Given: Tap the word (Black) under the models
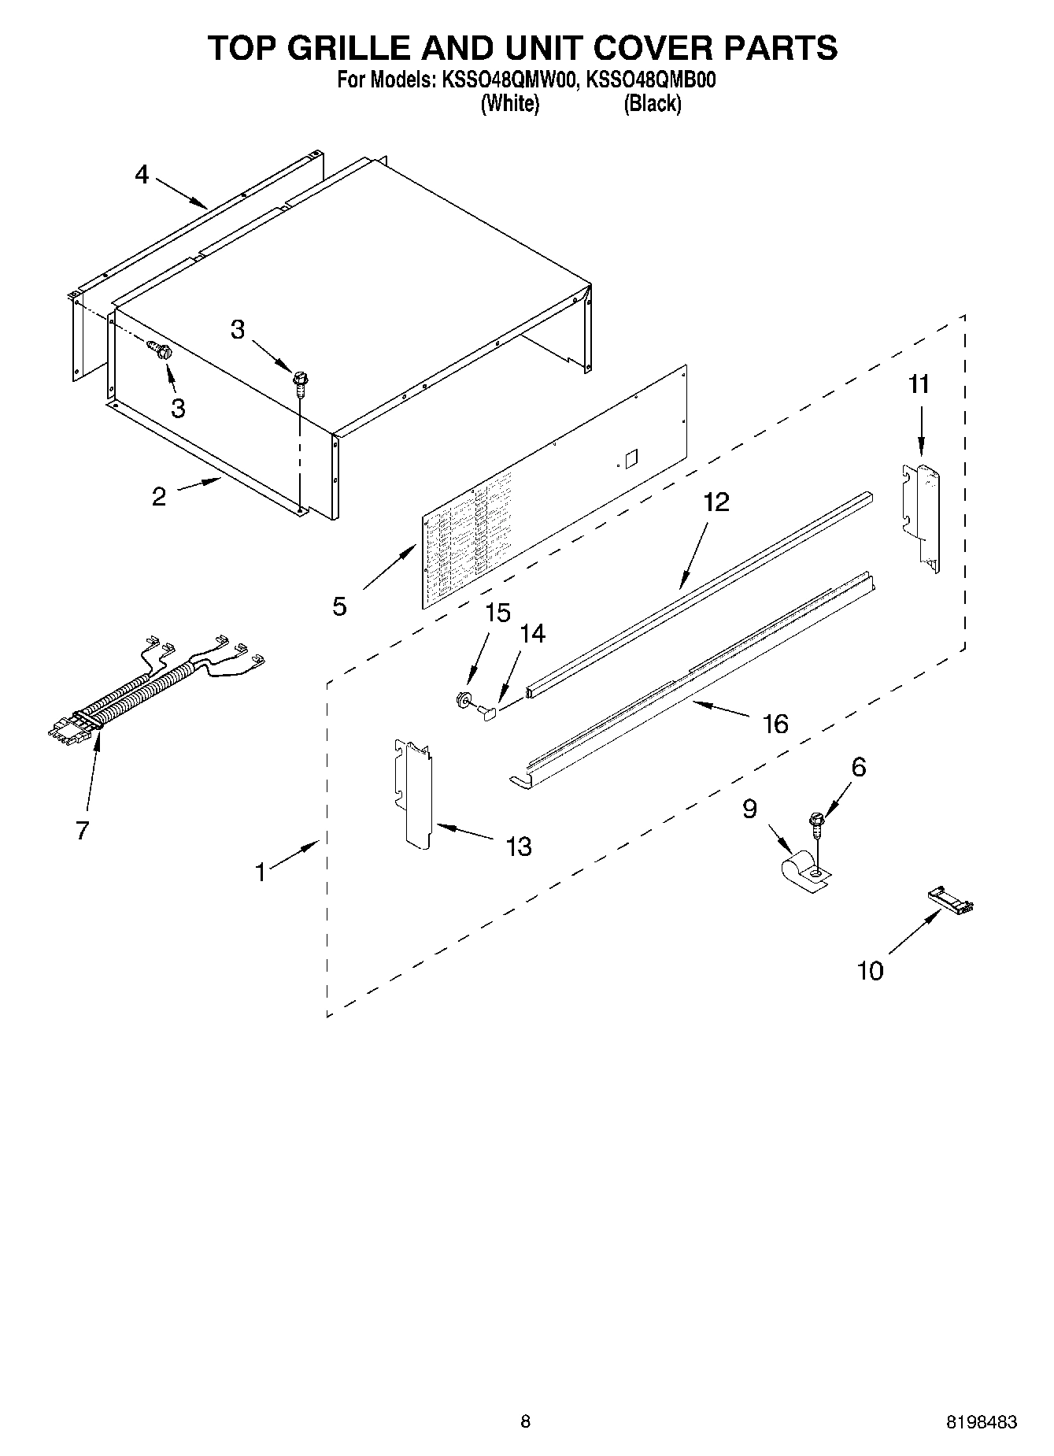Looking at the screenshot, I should coord(652,103).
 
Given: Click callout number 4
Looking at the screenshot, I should coord(142,174).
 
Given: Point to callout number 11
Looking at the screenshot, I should coord(919,384).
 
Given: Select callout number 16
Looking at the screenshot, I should coord(775,724).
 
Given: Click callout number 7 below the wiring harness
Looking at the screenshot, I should coord(83,830).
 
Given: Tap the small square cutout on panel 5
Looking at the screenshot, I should coord(629,457).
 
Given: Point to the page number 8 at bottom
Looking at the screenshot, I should coord(526,1421).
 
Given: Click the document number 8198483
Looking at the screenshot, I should coord(981,1422).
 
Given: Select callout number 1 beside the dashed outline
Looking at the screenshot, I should coord(261,872).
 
